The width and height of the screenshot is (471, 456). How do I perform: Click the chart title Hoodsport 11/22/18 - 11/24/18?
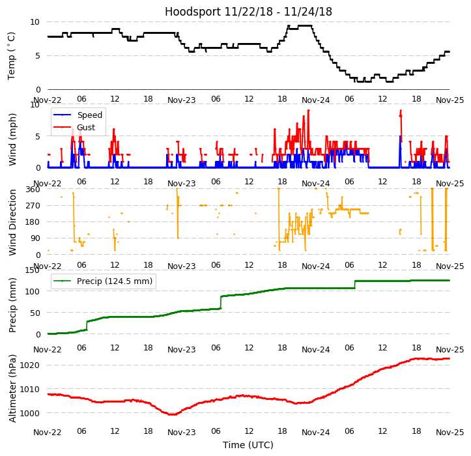point(248,12)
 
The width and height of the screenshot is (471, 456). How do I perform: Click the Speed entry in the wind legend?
point(89,115)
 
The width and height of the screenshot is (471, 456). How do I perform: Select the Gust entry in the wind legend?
point(86,127)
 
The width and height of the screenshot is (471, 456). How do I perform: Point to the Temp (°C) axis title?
point(12,55)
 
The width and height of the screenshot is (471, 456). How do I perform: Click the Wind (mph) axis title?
point(13,139)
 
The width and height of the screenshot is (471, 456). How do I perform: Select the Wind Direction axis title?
point(13,222)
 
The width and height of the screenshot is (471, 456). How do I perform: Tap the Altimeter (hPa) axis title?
point(13,389)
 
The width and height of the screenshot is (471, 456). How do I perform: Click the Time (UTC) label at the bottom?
point(248,445)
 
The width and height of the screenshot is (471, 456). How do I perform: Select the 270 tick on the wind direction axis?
point(33,206)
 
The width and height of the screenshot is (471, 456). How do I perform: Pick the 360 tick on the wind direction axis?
point(33,190)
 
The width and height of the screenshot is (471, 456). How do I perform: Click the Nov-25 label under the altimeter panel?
point(450,433)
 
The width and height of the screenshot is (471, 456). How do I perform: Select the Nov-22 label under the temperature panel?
point(48,100)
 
